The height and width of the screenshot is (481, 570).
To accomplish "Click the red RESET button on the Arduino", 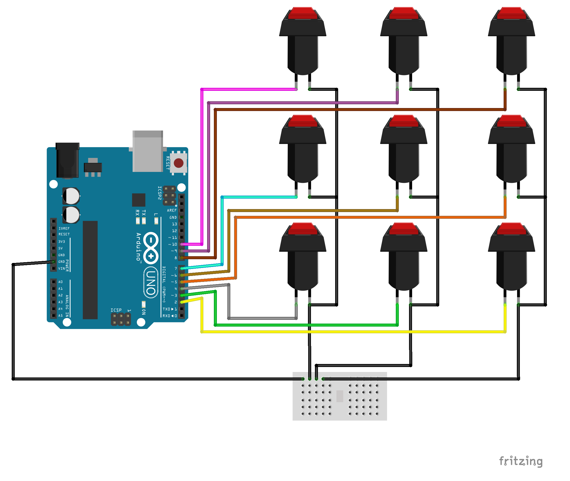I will pyautogui.click(x=178, y=163).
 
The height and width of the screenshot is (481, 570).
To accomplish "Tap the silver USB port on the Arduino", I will pyautogui.click(x=147, y=152).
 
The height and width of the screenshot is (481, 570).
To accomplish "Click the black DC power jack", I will pyautogui.click(x=67, y=160).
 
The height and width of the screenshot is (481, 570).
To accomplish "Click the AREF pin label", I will pyautogui.click(x=171, y=210).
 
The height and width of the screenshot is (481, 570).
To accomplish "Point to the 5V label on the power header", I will pyautogui.click(x=61, y=248).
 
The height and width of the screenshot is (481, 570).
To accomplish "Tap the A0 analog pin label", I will pyautogui.click(x=61, y=282).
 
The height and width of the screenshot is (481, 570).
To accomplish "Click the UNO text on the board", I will pyautogui.click(x=151, y=282).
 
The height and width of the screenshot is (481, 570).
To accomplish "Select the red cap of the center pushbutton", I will pyautogui.click(x=403, y=121).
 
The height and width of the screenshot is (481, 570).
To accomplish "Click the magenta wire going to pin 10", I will pyautogui.click(x=202, y=164).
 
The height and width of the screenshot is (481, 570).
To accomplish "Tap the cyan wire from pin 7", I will pyautogui.click(x=259, y=197).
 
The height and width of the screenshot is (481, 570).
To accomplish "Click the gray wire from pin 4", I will pyautogui.click(x=262, y=318).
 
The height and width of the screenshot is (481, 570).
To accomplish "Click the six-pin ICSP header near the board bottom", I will pyautogui.click(x=121, y=319).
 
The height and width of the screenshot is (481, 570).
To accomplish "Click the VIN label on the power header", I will pyautogui.click(x=62, y=268).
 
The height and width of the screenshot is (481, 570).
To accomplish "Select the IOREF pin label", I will pyautogui.click(x=64, y=228).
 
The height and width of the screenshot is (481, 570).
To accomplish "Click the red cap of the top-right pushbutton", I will pyautogui.click(x=511, y=13).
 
